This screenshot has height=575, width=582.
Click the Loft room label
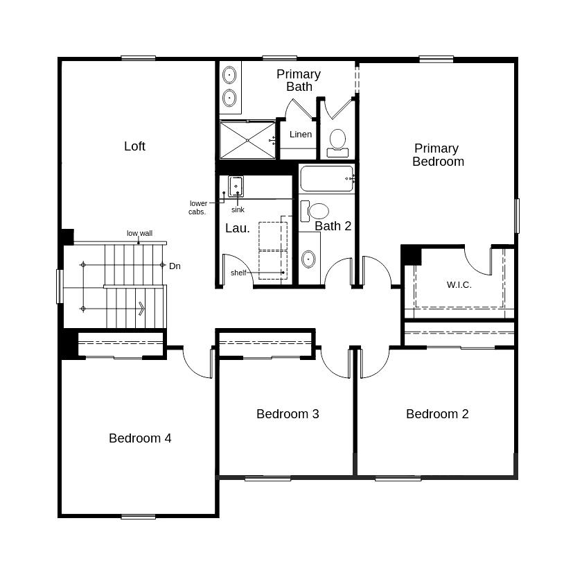(x=134, y=146)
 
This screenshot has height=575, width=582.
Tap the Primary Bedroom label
(x=438, y=155)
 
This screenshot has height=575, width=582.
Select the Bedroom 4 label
(x=140, y=438)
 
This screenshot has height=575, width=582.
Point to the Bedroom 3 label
(x=288, y=414)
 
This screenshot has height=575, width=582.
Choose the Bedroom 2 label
(x=437, y=414)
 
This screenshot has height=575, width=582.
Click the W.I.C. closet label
(x=459, y=285)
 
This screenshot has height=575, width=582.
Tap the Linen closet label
(x=301, y=135)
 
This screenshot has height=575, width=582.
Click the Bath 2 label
(x=333, y=226)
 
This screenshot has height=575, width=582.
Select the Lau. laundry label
(x=238, y=228)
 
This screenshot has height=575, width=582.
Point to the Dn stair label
(x=175, y=266)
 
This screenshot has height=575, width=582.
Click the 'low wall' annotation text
(x=139, y=234)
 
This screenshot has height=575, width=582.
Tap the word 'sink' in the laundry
(x=238, y=209)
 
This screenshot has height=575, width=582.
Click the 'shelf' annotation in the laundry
(x=238, y=273)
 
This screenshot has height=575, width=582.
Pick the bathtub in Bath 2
(x=327, y=178)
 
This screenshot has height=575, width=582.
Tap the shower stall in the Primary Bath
(x=247, y=140)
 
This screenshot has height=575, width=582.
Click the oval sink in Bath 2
(x=308, y=259)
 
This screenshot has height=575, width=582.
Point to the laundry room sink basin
(x=236, y=186)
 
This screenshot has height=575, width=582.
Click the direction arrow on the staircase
(x=141, y=307)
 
